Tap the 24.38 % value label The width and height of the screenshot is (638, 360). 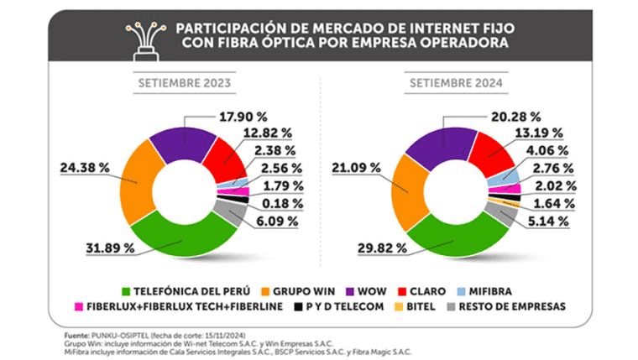85,167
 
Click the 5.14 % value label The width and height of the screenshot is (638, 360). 549,222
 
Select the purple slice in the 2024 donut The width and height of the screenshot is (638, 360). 435,143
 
